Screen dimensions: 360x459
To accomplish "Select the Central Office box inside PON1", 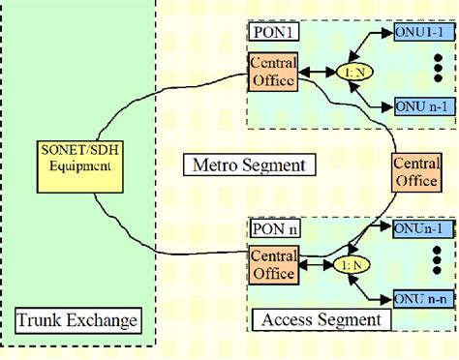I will [273, 70].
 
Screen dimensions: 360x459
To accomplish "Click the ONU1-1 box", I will [419, 32].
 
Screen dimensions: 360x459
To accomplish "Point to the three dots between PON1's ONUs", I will [437, 69].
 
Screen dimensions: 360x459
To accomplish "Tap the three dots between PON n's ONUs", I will [437, 263].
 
